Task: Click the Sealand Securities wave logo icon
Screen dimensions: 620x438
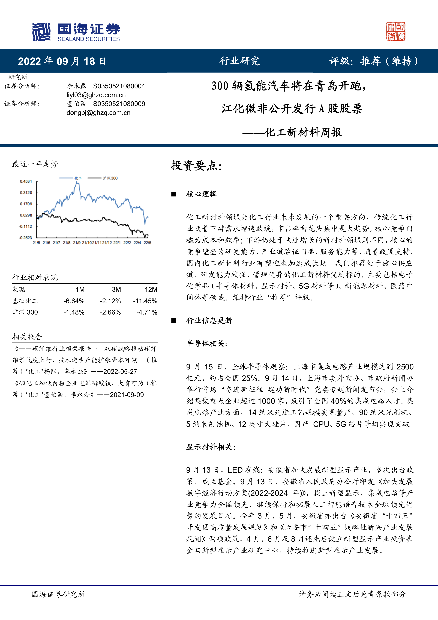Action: coord(41,32)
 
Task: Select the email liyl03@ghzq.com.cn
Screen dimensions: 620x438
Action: coord(96,95)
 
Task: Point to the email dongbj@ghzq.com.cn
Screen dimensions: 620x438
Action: coord(98,113)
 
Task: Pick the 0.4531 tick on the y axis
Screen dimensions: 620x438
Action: coord(26,181)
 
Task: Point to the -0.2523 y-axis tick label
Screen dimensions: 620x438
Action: coord(25,238)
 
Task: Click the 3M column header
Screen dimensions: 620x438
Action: coord(116,289)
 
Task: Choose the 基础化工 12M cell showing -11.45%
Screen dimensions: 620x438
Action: coord(145,301)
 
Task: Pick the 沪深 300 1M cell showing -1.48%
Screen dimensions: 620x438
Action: coord(74,312)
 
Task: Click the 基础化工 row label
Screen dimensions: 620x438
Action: coord(25,301)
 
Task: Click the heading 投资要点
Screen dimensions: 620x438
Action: coord(196,166)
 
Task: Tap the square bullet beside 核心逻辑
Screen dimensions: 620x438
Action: coord(174,194)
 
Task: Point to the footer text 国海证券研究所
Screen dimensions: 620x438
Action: coord(58,594)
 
